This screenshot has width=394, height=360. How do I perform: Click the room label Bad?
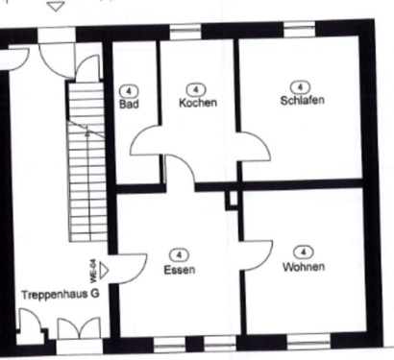coord(129,104)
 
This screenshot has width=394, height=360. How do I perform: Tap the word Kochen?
coord(197,103)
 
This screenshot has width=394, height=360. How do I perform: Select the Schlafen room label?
coord(302,100)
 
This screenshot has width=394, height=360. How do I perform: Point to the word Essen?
coord(180,270)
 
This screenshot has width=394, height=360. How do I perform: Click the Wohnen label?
coord(304,266)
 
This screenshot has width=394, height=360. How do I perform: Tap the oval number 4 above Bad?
coord(129,89)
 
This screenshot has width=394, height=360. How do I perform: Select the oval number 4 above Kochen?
coord(196,88)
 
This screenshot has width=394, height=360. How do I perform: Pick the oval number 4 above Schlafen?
coord(302,85)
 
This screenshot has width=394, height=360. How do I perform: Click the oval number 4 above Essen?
coord(179,254)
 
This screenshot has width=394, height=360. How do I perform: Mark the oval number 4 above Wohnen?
coord(303,251)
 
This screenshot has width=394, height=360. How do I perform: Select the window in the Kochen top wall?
coord(185,33)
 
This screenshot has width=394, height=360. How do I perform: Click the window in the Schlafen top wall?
coord(299,33)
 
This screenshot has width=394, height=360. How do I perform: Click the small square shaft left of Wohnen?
coord(231,199)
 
